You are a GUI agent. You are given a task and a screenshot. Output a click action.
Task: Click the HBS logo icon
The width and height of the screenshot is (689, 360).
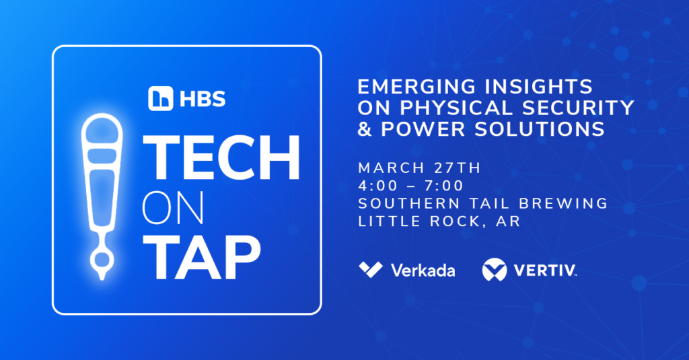160,98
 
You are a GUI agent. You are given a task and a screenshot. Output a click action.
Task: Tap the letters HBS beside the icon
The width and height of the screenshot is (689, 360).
203,99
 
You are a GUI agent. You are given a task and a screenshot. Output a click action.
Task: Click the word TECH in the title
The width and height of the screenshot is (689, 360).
221,158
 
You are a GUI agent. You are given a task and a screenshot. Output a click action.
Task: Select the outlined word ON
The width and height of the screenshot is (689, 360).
173,207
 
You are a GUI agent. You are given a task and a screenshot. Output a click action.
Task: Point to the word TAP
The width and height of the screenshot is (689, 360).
201,257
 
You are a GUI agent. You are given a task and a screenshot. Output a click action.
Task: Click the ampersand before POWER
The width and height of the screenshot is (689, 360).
365,129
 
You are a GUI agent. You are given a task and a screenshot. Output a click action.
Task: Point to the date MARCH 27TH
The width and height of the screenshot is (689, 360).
420,168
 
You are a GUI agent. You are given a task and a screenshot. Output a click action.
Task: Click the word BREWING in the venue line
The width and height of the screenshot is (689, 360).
563,203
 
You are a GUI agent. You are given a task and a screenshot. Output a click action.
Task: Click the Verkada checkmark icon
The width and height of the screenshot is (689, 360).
371,269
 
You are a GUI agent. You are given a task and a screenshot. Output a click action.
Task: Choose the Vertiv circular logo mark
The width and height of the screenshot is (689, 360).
495,269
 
